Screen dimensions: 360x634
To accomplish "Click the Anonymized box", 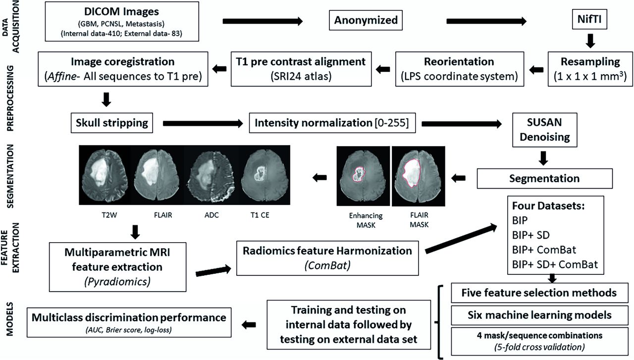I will click(x=366, y=21).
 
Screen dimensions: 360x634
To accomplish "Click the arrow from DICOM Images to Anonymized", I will click(x=263, y=21).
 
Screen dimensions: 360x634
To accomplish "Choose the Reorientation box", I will click(x=459, y=69).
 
